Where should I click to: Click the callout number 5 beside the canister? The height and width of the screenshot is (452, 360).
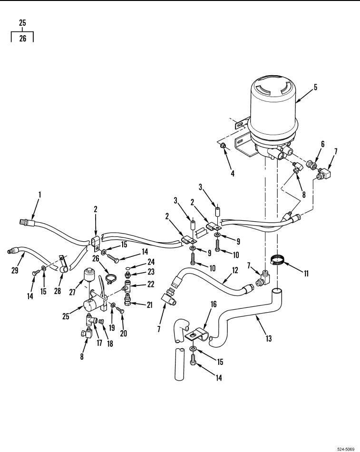click(315, 87)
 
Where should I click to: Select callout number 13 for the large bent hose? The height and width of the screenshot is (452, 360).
click(269, 338)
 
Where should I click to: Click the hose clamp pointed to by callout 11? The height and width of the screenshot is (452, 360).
click(277, 259)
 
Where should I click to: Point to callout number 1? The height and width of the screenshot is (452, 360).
click(40, 195)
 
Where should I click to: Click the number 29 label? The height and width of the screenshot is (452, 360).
click(15, 270)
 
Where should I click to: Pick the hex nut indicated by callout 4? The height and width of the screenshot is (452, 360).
click(223, 146)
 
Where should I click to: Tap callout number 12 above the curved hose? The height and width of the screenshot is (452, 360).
click(235, 270)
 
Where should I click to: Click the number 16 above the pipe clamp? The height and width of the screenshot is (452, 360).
click(214, 304)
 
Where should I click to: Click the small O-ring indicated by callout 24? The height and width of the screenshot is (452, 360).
click(129, 268)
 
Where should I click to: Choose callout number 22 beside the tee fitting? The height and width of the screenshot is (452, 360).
click(151, 284)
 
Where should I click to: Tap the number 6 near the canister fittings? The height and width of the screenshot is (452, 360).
click(323, 144)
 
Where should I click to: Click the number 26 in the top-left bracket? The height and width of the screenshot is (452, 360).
click(23, 38)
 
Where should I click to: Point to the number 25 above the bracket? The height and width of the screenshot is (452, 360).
click(22, 22)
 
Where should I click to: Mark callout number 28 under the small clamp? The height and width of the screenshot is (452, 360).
click(58, 291)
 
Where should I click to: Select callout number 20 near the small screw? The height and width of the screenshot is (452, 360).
click(123, 333)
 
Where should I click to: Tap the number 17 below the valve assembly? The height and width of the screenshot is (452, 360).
click(99, 343)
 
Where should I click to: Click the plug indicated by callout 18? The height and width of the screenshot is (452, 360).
click(101, 322)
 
